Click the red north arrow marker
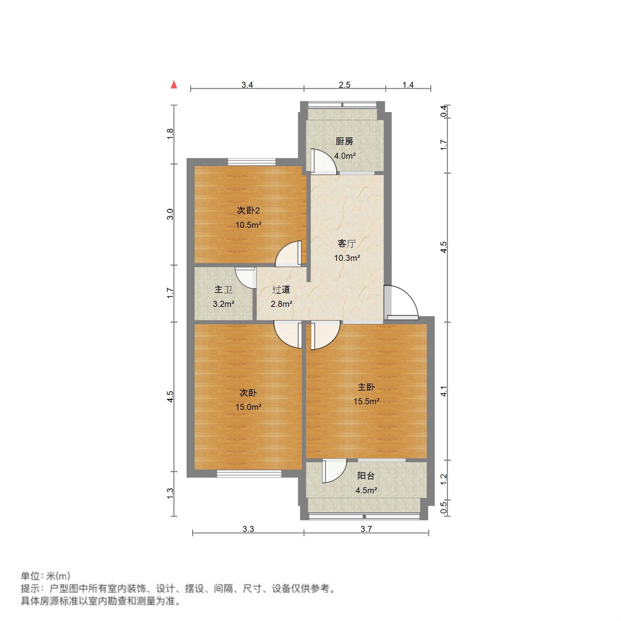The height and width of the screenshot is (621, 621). (174, 85)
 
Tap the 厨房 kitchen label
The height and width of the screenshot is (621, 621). (344, 141)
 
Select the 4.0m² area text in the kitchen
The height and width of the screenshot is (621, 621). (345, 156)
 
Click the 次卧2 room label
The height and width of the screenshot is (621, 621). (248, 210)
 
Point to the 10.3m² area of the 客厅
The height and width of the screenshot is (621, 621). (347, 258)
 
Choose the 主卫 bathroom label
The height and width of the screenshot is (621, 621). (223, 289)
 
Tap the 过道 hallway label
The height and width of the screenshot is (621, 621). (281, 289)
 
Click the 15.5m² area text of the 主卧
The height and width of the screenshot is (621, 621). (366, 401)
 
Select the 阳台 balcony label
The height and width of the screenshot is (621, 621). (366, 476)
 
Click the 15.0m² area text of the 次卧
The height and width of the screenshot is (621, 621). (248, 407)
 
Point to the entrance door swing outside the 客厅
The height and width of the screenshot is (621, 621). (402, 302)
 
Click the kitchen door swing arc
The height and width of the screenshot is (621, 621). (324, 161)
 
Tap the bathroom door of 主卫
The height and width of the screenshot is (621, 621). (245, 277)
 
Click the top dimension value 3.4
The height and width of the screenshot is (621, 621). (247, 85)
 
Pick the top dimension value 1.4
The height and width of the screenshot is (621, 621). (408, 85)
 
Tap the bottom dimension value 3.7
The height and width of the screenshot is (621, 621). (366, 529)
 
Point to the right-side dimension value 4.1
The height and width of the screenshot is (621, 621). (443, 391)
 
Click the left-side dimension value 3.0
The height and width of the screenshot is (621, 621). (170, 214)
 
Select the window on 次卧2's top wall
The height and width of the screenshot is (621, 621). (252, 162)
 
